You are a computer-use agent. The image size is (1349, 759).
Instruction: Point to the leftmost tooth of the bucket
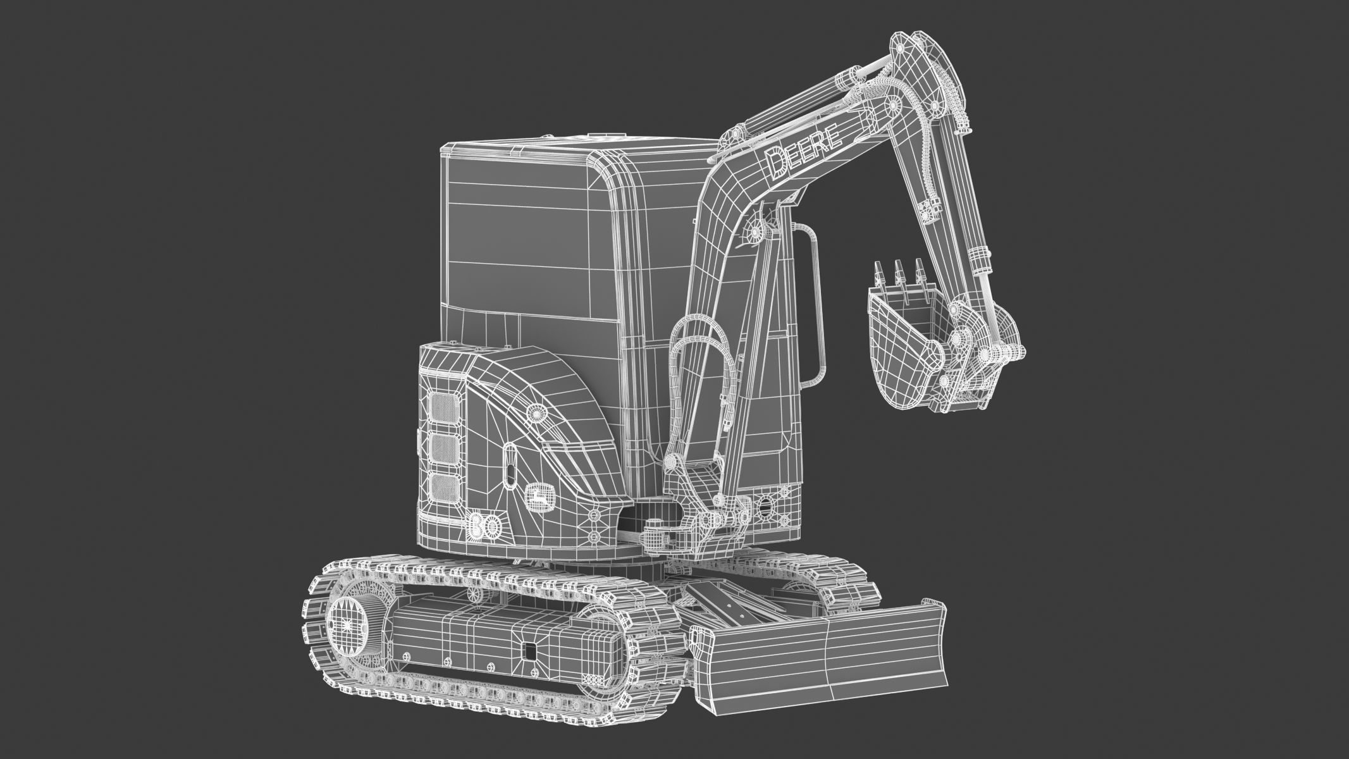point(878,271)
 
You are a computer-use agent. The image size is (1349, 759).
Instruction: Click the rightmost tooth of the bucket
point(918,268)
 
